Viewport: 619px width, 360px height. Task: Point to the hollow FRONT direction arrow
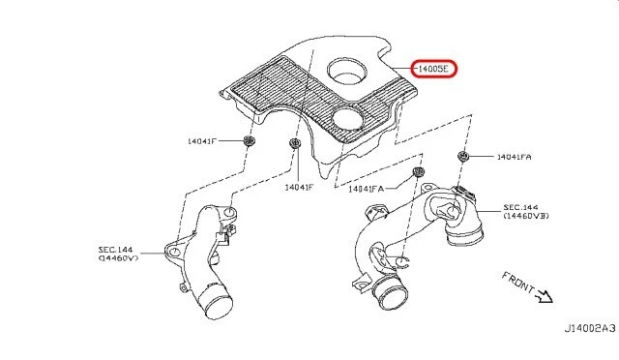tap(545, 298)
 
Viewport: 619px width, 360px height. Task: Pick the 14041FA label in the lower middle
tap(367, 189)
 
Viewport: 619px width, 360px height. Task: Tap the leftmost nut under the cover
tap(249, 142)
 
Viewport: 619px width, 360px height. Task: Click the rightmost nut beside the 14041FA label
tap(463, 157)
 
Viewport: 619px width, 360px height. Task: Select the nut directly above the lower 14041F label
tap(294, 146)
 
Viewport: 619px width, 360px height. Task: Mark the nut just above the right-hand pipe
tap(418, 172)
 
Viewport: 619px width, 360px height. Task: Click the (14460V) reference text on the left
tap(118, 259)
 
